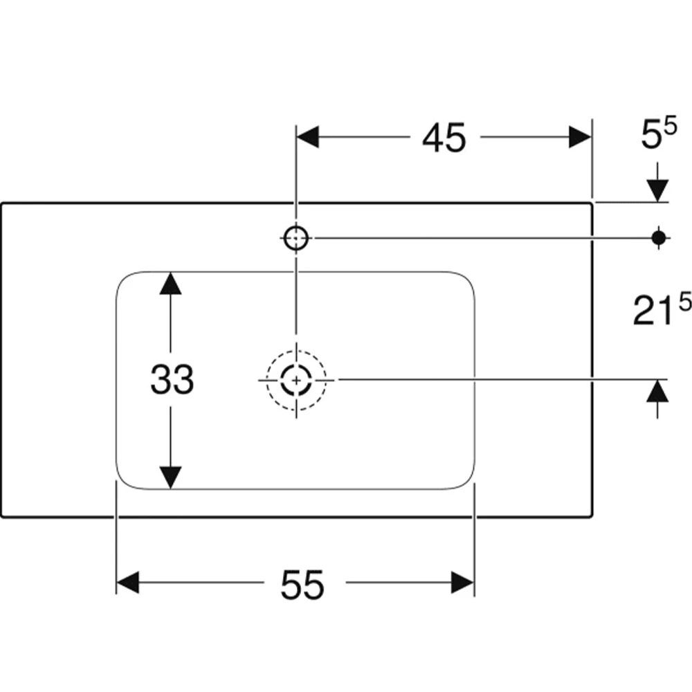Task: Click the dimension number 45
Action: coord(444,138)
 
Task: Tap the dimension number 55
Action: coord(302,584)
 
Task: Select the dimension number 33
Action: coord(172,379)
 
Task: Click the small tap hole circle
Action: coord(296,238)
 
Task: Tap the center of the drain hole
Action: coord(296,380)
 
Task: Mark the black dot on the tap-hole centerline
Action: coord(659,238)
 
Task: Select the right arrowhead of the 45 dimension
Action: coord(580,137)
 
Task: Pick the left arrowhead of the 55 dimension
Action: coord(128,582)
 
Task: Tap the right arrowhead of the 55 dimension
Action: coord(462,582)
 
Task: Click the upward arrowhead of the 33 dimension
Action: coord(170,283)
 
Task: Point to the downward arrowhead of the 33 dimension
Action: coord(170,478)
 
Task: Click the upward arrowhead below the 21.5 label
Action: coord(657,391)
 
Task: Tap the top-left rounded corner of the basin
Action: coord(124,279)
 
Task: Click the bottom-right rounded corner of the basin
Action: coord(468,482)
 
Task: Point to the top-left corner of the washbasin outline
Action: coord(2,204)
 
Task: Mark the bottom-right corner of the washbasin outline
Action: coord(591,516)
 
